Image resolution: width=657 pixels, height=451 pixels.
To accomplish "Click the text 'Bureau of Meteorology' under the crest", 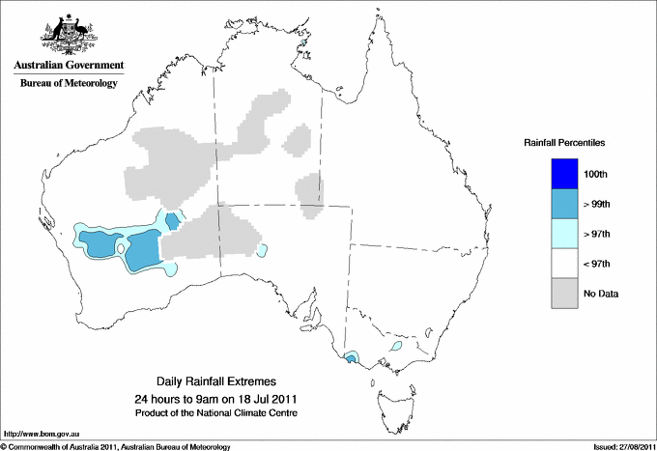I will pyautogui.click(x=69, y=83).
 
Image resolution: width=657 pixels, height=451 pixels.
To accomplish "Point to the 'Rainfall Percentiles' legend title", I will pyautogui.click(x=564, y=142).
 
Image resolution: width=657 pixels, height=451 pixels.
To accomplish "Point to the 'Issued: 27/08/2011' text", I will pyautogui.click(x=618, y=446).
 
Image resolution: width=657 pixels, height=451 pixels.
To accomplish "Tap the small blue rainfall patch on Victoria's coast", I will pyautogui.click(x=351, y=358).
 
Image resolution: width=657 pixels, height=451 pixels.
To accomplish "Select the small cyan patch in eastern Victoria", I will pyautogui.click(x=395, y=346).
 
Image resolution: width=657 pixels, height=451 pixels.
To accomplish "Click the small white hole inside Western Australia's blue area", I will pyautogui.click(x=121, y=248).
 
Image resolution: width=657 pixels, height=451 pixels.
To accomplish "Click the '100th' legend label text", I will pyautogui.click(x=596, y=174).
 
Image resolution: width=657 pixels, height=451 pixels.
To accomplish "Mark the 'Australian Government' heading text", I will pyautogui.click(x=69, y=66).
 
